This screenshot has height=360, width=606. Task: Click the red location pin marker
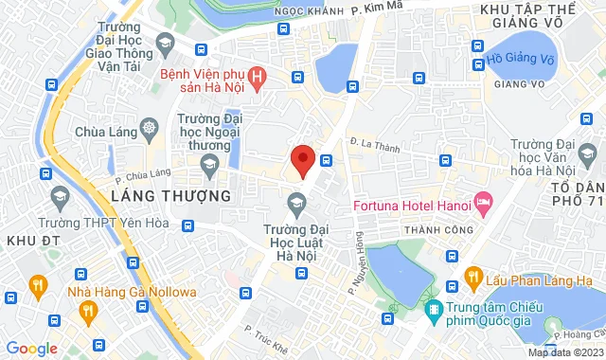302,160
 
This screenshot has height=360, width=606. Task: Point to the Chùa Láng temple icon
148,127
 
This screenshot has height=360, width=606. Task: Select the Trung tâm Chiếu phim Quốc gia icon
434,309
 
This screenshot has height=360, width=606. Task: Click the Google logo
31,348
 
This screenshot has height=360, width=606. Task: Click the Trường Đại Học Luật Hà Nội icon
297,201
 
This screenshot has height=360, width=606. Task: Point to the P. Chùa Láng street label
142,173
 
